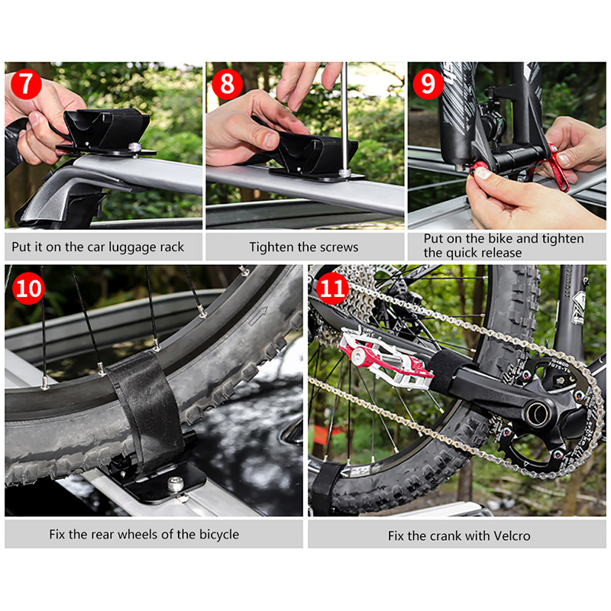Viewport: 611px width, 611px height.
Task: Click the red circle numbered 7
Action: point(26,84)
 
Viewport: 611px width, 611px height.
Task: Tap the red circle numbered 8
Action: point(227,84)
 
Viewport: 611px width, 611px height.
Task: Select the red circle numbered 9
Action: point(428,84)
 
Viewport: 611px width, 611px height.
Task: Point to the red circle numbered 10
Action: point(28,289)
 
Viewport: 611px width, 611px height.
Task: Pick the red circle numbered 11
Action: point(332,289)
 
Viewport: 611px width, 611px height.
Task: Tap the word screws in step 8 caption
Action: point(338,247)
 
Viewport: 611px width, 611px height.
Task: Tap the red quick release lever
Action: point(558,167)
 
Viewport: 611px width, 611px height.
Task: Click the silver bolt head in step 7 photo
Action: point(135,147)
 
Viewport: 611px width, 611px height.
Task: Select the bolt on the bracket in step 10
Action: point(176,484)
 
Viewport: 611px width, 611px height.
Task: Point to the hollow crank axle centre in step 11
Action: point(537,413)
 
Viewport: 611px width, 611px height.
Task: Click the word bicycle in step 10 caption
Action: point(219,535)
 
